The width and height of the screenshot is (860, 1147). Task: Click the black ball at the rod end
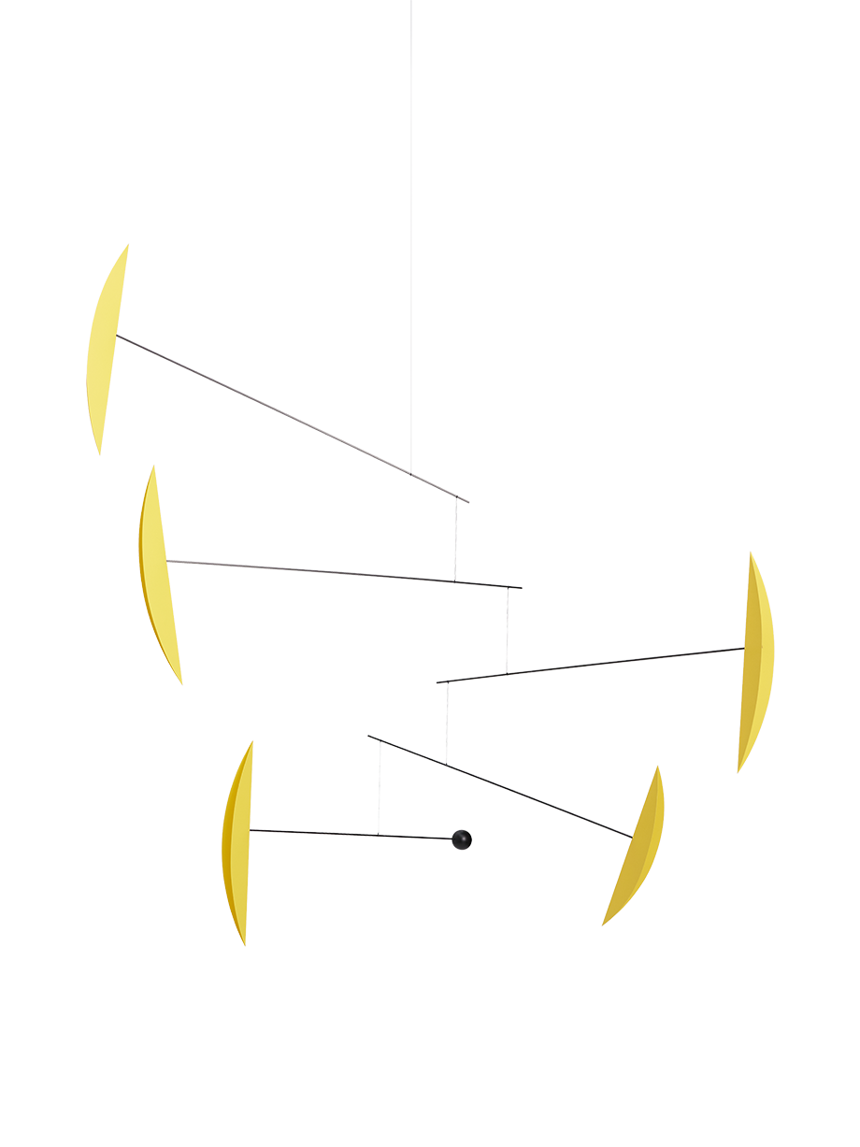pos(461,839)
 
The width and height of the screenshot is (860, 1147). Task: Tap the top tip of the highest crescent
pos(127,245)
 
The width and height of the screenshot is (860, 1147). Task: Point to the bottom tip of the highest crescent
pos(98,452)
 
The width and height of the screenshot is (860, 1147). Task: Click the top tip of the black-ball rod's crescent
pos(251,743)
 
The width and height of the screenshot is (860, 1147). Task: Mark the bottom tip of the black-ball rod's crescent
pos(245,943)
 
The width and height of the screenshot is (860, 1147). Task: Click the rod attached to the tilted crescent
pos(500,785)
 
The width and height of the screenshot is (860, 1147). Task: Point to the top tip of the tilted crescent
pos(658,768)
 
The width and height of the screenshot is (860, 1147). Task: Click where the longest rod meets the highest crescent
pos(118,335)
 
